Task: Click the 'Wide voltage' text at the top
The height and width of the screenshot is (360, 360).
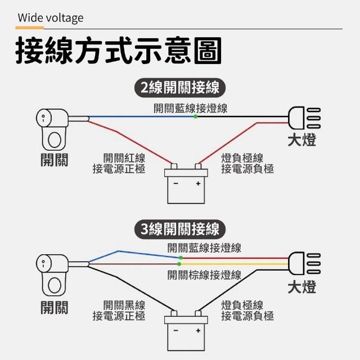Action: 50,17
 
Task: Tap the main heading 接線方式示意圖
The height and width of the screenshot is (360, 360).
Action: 118,51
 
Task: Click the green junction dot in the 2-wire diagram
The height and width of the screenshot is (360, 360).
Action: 195,116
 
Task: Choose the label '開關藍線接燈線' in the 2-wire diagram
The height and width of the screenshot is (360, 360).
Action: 190,108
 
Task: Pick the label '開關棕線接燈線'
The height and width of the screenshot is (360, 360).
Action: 204,275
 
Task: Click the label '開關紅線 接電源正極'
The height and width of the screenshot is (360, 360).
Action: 119,164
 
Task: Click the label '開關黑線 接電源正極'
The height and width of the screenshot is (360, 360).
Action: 119,310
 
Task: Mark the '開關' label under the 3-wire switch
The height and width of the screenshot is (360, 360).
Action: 54,308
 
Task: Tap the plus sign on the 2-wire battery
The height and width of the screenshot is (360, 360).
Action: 197,184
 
